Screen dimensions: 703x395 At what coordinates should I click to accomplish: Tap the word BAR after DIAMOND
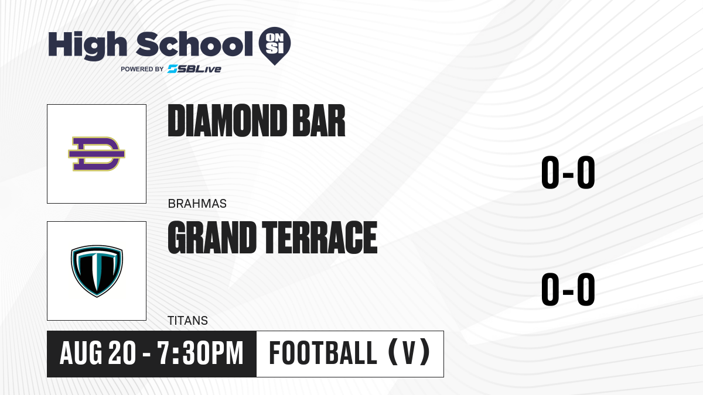pos(319,121)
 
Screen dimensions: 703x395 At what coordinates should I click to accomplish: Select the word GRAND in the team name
pos(212,237)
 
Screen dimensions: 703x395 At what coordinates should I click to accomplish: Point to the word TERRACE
pos(319,237)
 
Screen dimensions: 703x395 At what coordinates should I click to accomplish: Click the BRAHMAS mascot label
pos(197,204)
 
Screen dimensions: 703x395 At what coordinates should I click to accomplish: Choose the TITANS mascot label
pos(187,321)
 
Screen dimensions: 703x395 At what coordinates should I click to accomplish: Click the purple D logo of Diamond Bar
pos(97,154)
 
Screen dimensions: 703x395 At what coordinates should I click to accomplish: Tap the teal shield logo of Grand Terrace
pos(97,271)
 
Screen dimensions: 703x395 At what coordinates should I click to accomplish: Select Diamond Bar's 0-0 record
pos(568,173)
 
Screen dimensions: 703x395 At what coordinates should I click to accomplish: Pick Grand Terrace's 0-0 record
pos(568,289)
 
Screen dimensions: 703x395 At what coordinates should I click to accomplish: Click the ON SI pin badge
pos(275,46)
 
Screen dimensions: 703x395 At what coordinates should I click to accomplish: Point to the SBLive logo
pos(194,69)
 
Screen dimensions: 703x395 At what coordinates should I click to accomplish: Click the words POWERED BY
pos(142,69)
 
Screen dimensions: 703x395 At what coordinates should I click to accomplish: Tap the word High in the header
pos(88,46)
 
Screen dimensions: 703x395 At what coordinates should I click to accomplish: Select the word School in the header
pos(194,44)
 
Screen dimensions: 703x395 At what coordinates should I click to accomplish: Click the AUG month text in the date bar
pos(81,353)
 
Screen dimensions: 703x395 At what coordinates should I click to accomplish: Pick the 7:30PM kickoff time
pos(200,353)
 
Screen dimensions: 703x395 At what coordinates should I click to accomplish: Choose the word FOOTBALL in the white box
pos(323,353)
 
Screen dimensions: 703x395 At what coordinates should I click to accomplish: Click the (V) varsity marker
pos(409,352)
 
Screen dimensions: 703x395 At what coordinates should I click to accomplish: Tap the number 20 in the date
pos(122,353)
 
